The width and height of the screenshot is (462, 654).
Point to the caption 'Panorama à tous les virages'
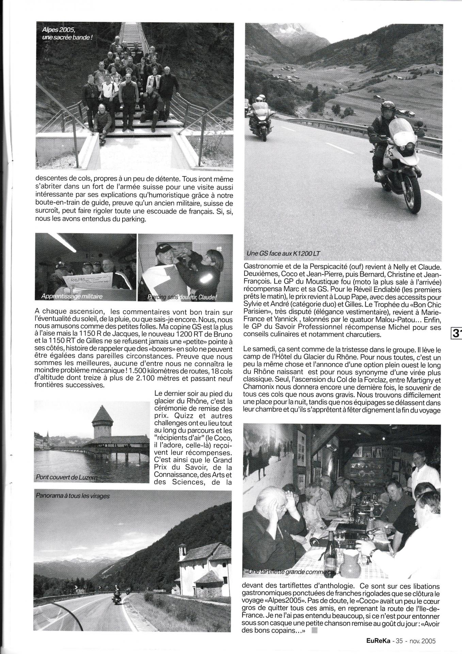pos(73,496)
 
